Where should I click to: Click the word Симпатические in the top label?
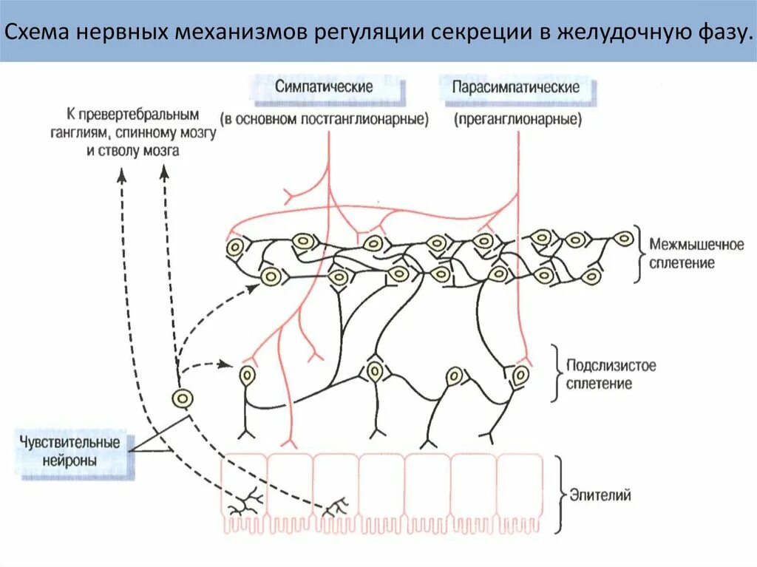324,86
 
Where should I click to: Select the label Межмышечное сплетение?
685,253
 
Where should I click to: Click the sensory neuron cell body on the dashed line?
182,399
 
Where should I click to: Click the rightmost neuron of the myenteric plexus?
624,239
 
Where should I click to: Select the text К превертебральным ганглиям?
132,116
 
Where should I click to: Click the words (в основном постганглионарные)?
325,118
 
